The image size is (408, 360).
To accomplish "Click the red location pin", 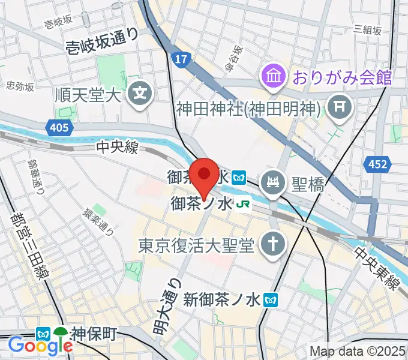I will (205, 175).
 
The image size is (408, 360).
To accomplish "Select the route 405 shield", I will (59, 127).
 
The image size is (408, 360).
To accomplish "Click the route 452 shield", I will (377, 163).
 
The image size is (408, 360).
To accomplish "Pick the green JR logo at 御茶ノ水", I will (244, 205).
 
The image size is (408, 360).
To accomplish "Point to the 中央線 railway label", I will (117, 146).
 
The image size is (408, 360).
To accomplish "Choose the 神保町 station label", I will (93, 333).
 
